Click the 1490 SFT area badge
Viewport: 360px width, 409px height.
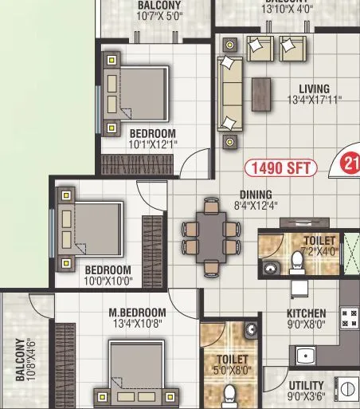280,167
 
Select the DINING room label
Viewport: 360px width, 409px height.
256,195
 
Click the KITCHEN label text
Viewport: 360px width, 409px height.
307,313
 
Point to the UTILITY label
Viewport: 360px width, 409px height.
306,384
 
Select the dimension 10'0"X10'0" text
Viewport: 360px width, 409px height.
108,281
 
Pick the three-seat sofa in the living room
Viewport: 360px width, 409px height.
230,94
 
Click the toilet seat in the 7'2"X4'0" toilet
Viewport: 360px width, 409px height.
298,259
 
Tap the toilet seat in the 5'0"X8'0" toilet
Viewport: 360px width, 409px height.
231,394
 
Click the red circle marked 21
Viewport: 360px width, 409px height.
351,164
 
